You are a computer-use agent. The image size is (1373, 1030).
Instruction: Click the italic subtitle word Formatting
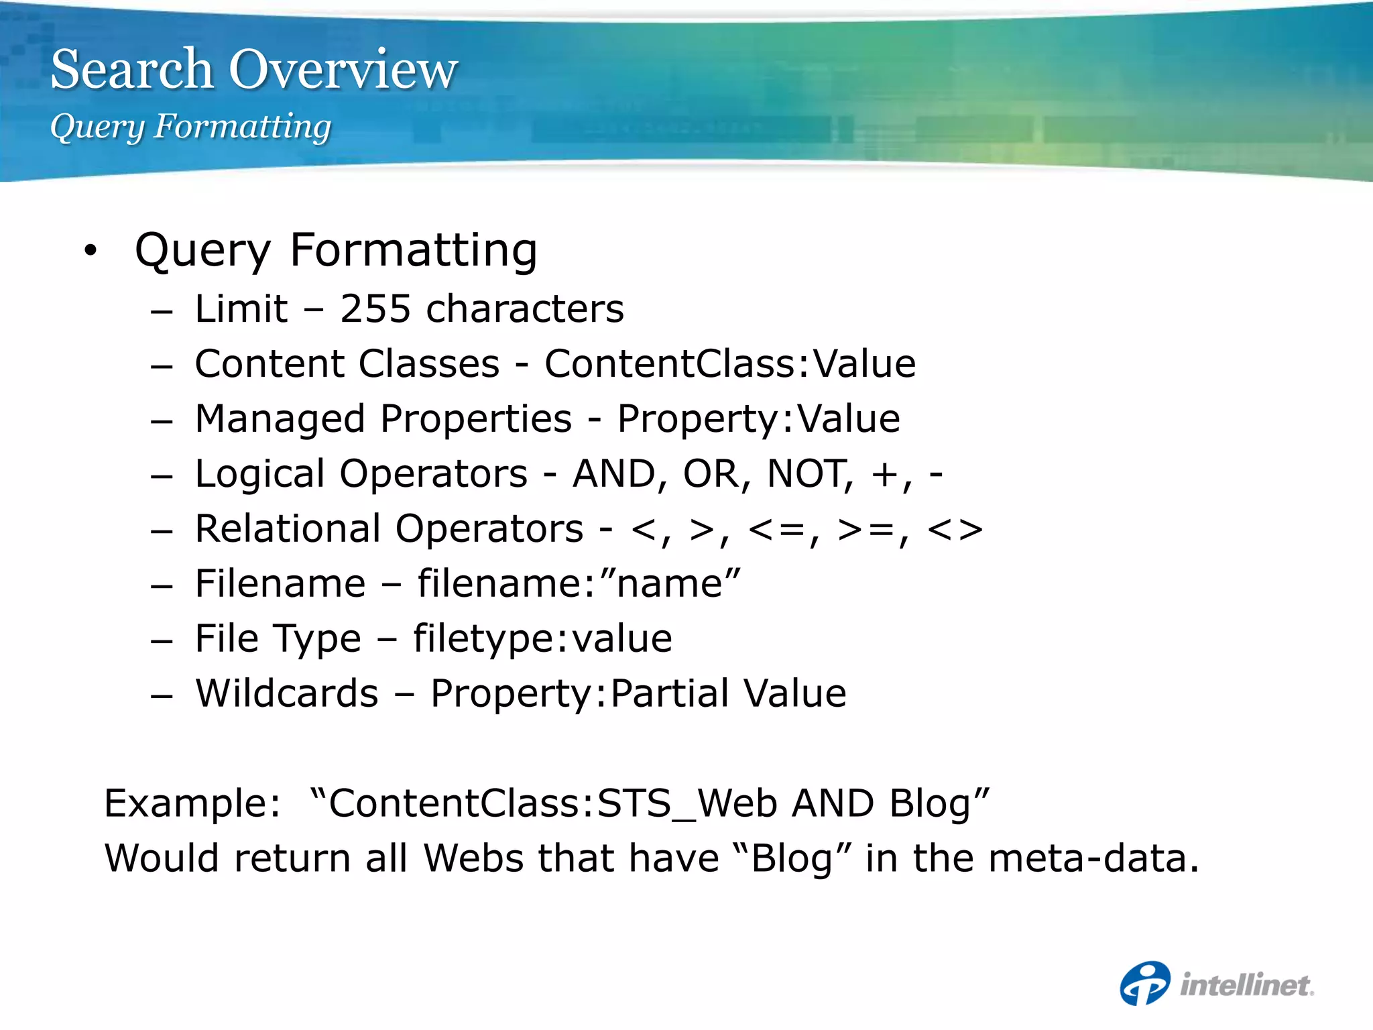pos(242,126)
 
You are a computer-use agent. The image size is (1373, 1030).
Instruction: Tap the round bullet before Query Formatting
pos(91,251)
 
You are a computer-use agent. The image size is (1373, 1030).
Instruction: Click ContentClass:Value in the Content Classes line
pos(729,364)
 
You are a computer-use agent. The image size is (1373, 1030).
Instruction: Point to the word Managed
pos(280,419)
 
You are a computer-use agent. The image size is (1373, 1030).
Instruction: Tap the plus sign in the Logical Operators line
pos(884,475)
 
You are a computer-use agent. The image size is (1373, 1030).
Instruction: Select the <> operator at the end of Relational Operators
pos(955,529)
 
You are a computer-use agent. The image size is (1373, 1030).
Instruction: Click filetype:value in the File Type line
pos(542,638)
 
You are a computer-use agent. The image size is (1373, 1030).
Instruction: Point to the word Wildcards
pos(286,693)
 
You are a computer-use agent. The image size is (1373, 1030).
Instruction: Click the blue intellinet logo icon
pos(1144,984)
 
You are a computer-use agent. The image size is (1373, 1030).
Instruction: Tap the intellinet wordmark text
pos(1246,985)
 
